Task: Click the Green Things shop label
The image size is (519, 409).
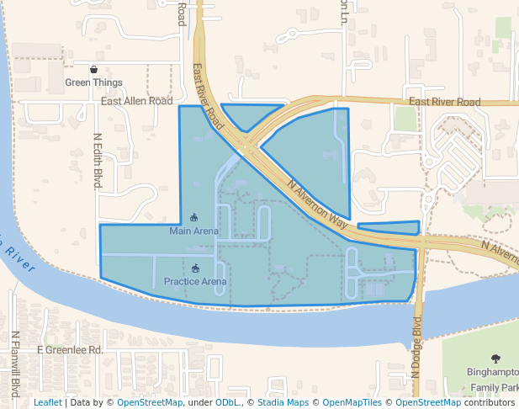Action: tap(94, 82)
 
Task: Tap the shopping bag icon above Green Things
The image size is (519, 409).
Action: tap(94, 70)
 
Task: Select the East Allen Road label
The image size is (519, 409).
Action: tap(136, 101)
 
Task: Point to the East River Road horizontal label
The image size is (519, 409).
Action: tap(444, 102)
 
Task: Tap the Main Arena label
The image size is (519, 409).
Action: tap(193, 231)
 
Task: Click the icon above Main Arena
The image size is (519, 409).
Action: tap(194, 218)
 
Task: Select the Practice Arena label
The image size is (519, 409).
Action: tap(195, 281)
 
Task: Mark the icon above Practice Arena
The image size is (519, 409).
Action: tap(196, 268)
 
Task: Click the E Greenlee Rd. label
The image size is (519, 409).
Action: tap(70, 349)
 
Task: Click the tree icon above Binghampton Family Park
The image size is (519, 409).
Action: tap(495, 357)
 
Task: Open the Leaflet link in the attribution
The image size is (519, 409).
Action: tap(47, 403)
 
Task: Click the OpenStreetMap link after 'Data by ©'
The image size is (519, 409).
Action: tap(150, 403)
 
